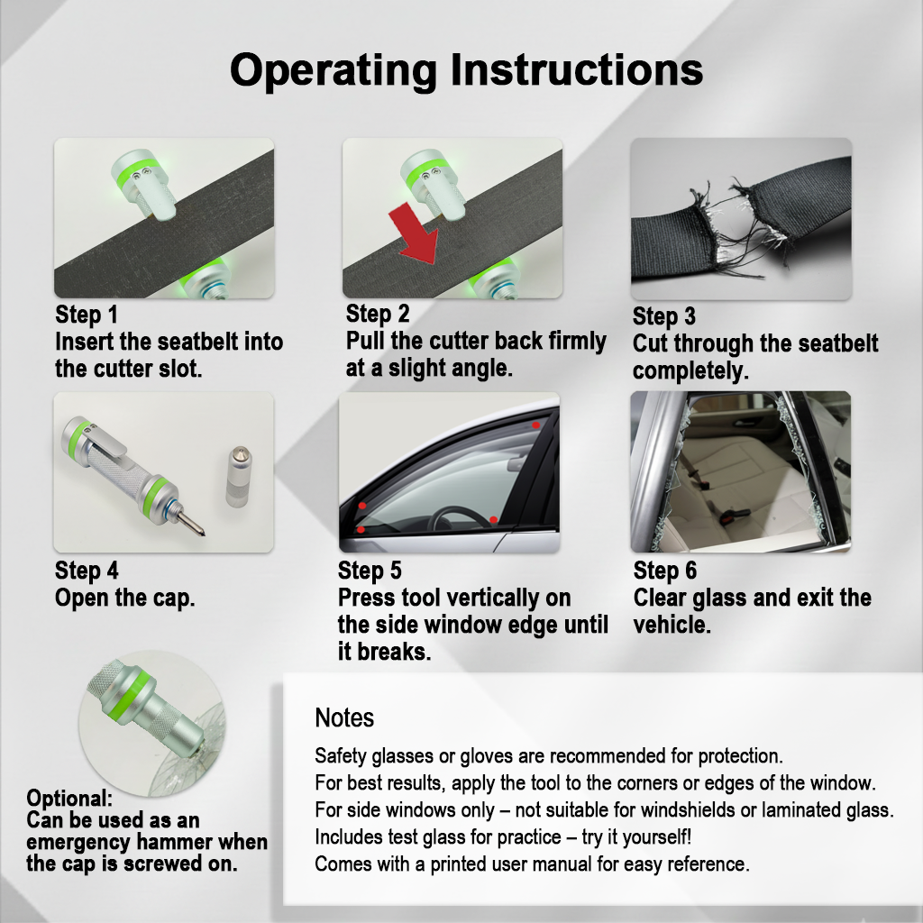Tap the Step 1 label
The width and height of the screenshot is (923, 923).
(x=87, y=315)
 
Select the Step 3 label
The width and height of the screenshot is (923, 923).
(x=663, y=316)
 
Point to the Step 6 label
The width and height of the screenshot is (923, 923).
(x=664, y=571)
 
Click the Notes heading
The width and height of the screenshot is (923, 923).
(x=344, y=718)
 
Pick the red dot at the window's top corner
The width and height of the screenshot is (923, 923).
(x=536, y=424)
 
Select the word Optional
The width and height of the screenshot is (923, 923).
(x=69, y=799)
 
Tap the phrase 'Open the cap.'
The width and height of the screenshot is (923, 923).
(x=124, y=598)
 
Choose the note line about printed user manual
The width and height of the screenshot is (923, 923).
(x=532, y=864)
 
